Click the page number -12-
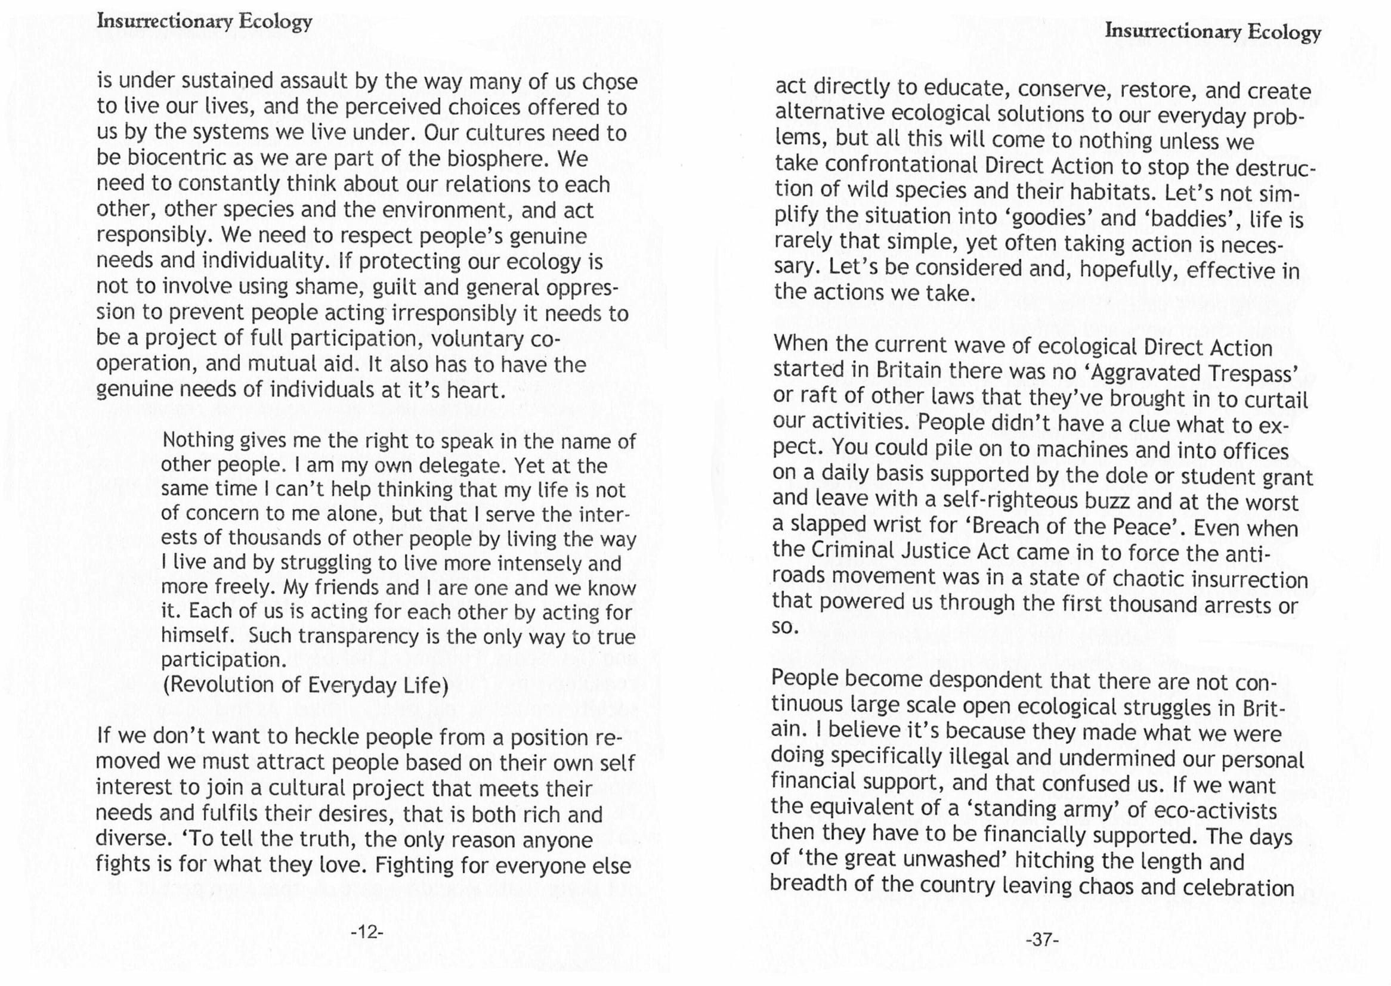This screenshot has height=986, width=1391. [x=367, y=931]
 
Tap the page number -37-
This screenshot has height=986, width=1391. [x=1041, y=940]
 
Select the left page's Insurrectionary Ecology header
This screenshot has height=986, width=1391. [x=205, y=21]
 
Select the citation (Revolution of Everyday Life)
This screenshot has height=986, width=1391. [x=305, y=685]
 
